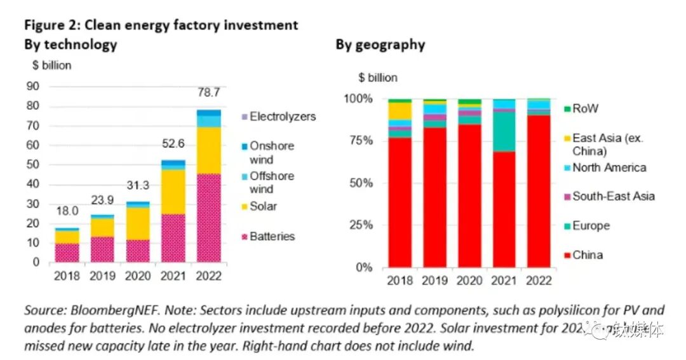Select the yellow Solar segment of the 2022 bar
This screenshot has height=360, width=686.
[x=209, y=150]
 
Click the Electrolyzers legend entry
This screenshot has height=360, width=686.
[x=282, y=117]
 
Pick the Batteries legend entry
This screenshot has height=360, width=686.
[x=272, y=236]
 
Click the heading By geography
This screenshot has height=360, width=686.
[x=380, y=44]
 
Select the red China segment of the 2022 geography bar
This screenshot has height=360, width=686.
[x=539, y=190]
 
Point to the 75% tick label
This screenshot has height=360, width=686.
[x=360, y=141]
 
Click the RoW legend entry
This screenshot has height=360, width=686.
[x=585, y=109]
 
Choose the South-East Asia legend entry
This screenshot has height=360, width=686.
[x=613, y=196]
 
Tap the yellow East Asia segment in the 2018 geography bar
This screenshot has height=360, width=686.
[x=400, y=110]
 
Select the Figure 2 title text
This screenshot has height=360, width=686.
[x=161, y=25]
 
